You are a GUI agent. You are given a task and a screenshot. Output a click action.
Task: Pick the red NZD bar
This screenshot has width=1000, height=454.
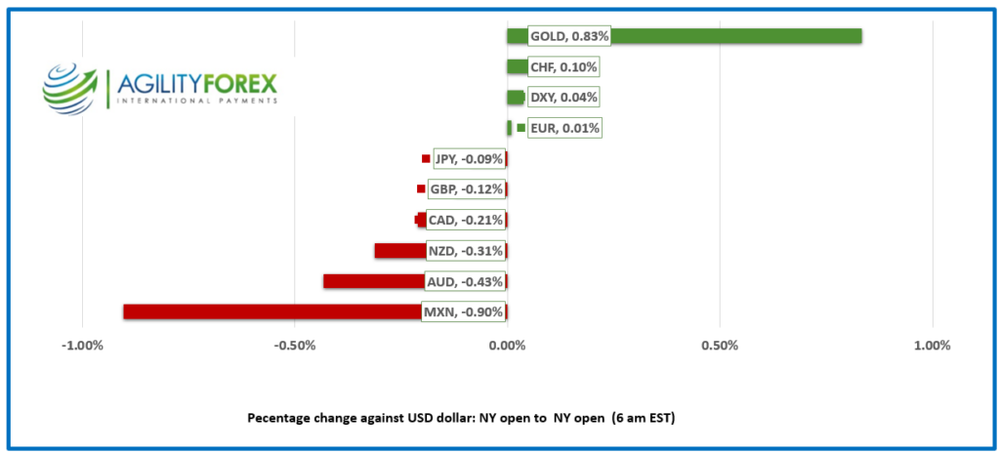[x=400, y=251]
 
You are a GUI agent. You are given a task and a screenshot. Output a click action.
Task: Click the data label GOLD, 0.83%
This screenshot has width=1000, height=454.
[x=568, y=36]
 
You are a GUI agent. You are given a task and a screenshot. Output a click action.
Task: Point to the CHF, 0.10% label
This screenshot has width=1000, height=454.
[x=562, y=67]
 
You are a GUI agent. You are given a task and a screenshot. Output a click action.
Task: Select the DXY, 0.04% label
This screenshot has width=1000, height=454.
[x=562, y=98]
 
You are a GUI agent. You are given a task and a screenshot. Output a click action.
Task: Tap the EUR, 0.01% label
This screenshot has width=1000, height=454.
[x=564, y=128]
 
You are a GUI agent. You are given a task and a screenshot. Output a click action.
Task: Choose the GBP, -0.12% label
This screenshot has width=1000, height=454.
[x=466, y=189]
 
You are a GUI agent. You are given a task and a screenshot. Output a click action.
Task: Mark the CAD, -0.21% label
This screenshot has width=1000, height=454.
[x=465, y=221]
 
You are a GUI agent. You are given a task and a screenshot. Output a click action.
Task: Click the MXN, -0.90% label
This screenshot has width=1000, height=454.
[x=463, y=312]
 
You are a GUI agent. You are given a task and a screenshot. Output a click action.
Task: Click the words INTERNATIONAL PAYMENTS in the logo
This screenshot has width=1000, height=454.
[x=196, y=101]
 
